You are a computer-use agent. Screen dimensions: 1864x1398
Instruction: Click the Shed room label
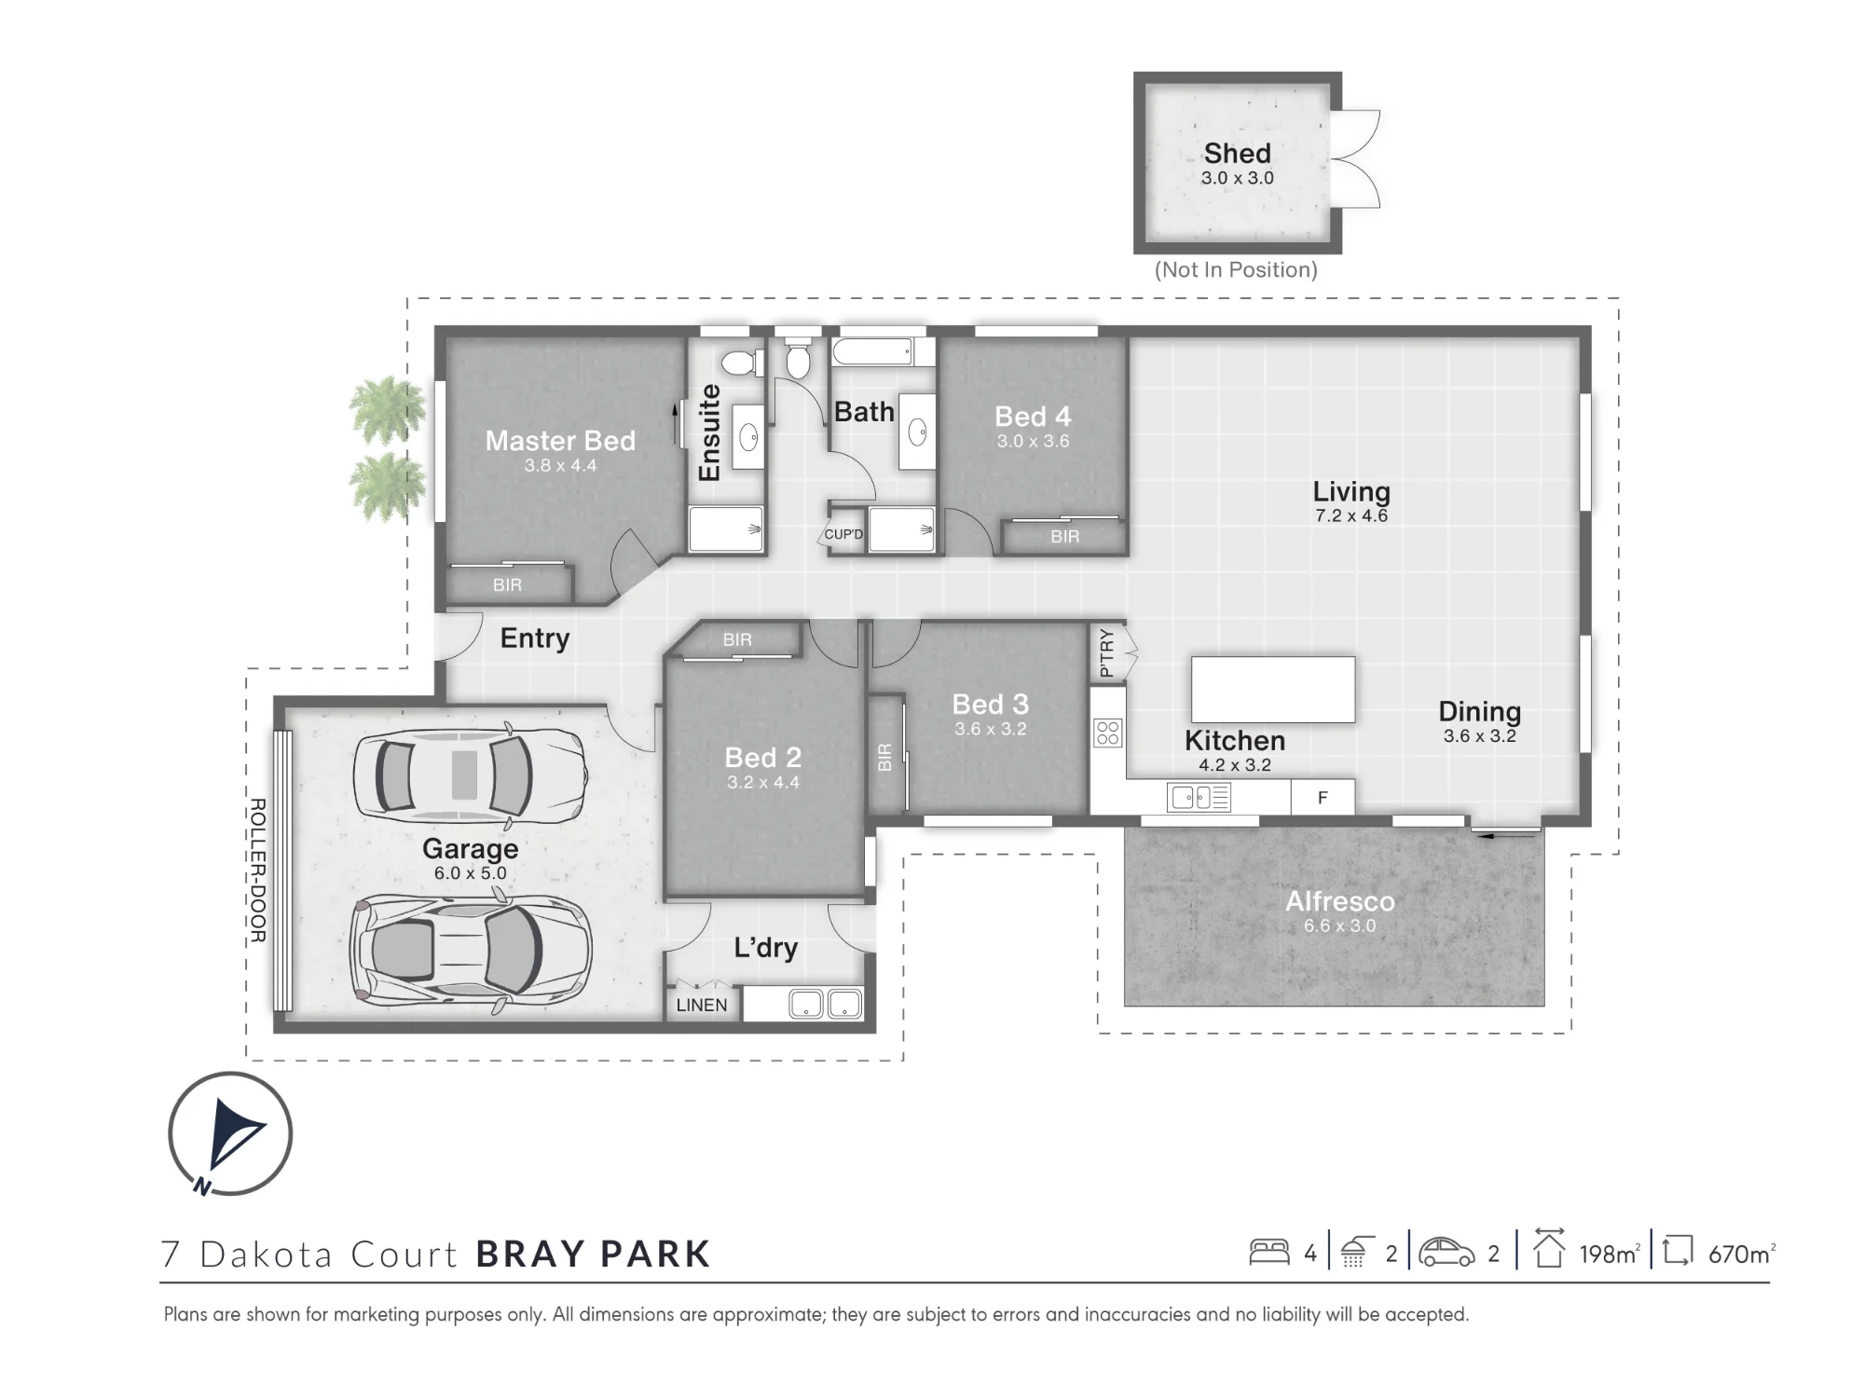coord(1237,153)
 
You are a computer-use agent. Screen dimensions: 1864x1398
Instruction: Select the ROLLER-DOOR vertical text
coord(258,870)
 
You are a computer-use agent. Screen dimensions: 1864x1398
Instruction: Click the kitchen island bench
coord(1273,690)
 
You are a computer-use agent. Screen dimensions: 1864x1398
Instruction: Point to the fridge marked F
coord(1323,797)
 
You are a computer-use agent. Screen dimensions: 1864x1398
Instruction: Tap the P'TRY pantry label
coord(1106,652)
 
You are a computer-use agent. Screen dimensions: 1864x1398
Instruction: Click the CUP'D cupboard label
coord(843,534)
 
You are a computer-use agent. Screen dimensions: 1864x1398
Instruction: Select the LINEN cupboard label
coord(702,1005)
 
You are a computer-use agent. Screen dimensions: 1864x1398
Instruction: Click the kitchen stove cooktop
coord(1108,733)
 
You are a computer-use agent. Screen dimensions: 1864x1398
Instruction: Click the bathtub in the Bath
coord(872,351)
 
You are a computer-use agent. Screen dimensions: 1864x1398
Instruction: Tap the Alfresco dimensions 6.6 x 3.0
coord(1339,925)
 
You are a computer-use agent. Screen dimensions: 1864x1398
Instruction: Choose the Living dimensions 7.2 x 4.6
coord(1351,515)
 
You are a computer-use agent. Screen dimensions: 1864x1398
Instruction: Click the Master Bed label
coord(560,440)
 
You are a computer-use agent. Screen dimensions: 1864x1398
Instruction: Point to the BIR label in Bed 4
coord(1064,537)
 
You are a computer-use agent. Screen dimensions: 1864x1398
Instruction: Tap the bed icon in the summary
coord(1269,1252)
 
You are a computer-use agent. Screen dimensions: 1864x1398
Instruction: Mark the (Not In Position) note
coord(1236,270)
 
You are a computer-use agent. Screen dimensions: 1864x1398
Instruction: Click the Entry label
coord(535,638)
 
